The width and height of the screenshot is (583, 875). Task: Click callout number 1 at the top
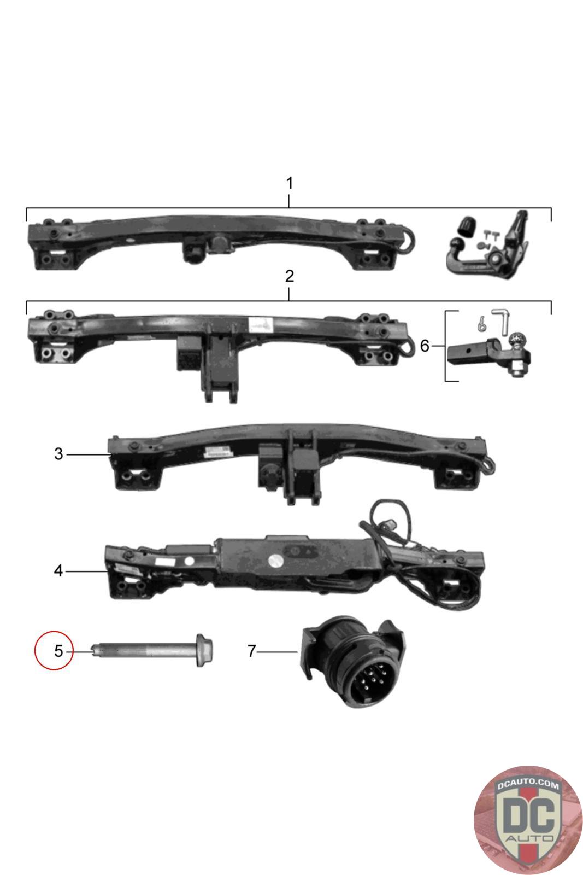point(290,183)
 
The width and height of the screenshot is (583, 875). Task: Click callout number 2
point(290,276)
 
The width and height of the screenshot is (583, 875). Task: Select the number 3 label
point(58,454)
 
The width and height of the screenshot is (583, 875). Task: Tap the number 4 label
point(58,571)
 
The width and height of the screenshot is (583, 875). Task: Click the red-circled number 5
point(58,651)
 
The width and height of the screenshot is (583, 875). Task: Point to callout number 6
point(425,346)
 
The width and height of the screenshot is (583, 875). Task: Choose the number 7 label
point(251,651)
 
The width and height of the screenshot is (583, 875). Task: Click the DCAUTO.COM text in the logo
point(527,785)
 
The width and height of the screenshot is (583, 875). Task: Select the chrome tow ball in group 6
point(516,342)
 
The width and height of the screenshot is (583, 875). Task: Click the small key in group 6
point(480,324)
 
